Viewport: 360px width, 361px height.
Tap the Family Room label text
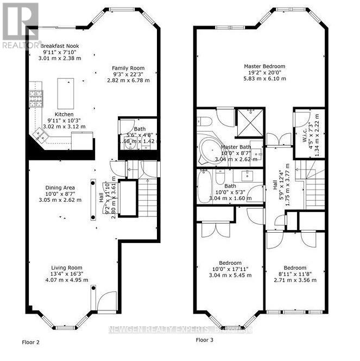point(128,74)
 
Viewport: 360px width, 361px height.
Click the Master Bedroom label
point(264,72)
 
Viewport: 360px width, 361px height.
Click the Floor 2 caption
point(30,343)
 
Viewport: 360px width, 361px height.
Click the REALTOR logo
point(20,24)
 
